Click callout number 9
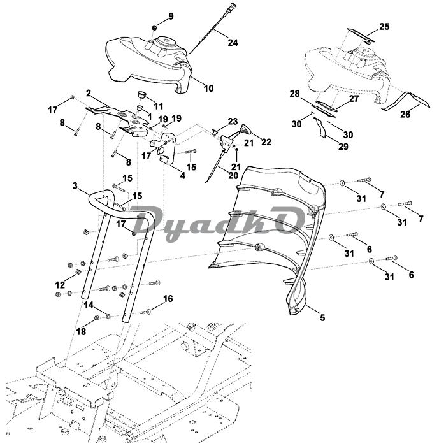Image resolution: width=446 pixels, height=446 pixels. pos(171,15)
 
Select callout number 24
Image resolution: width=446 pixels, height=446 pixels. pos(233,43)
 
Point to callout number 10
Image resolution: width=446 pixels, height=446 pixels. pos(208,89)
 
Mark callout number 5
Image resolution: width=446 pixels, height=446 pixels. pos(321,317)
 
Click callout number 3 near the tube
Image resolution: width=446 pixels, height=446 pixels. pos(75,186)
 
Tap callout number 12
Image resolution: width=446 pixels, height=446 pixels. pos(60,284)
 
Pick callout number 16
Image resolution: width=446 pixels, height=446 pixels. pos(168,298)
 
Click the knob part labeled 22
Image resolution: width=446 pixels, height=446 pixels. pos(243,132)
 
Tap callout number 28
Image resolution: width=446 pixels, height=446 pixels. pos(294,94)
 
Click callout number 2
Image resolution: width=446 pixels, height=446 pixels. pos(89,93)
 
